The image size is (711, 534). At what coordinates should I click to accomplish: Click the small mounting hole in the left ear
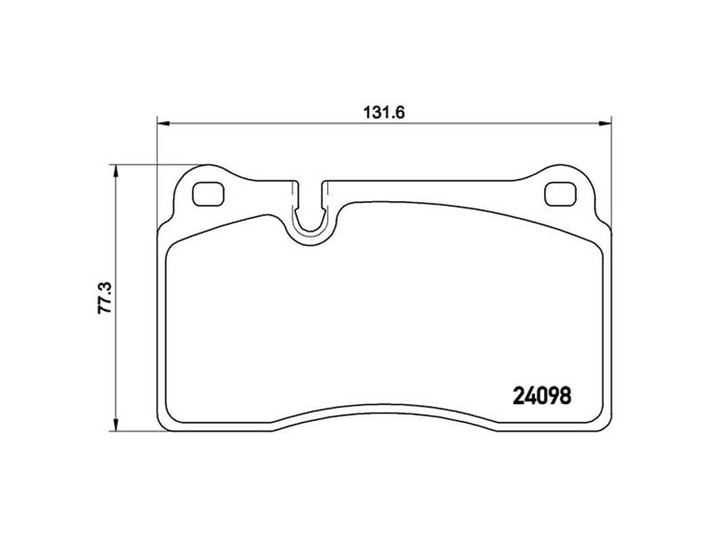coord(209,191)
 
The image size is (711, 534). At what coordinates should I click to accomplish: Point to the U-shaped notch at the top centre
coord(309,214)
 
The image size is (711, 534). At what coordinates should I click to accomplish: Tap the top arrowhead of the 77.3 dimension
coord(116,172)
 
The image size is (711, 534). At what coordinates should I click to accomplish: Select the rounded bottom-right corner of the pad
coord(603,415)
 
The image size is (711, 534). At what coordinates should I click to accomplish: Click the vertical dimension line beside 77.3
coord(116,356)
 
